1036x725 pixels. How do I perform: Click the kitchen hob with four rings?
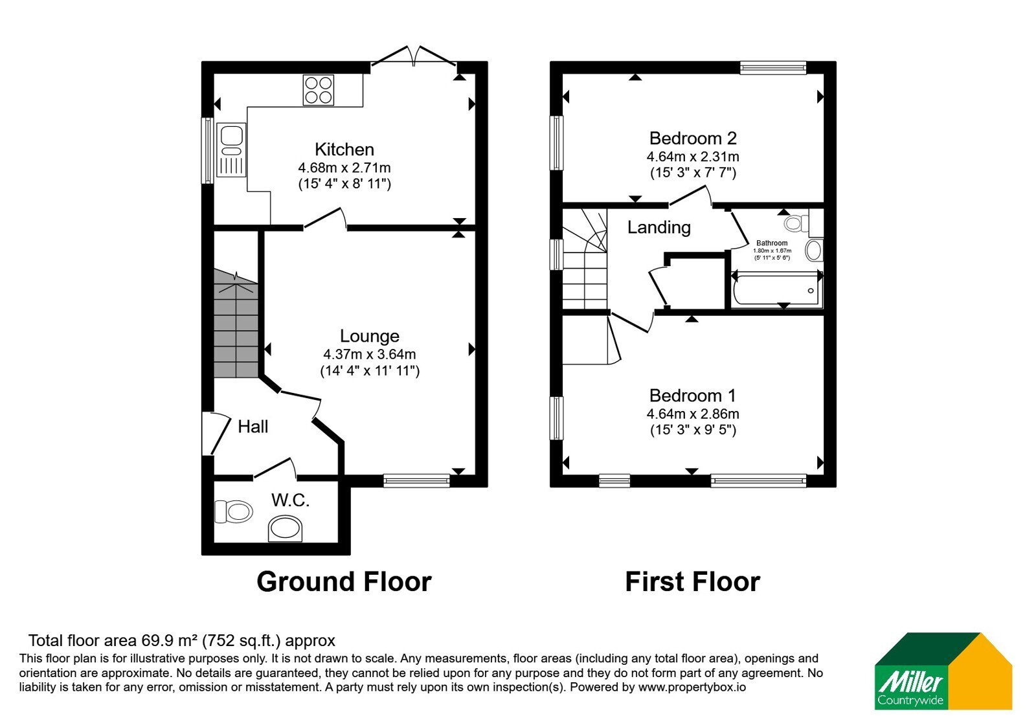coord(318,90)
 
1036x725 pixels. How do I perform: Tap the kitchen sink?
coord(231,150)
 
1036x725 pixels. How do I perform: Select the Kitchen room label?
coord(344,150)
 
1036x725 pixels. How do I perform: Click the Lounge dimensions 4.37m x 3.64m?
coord(370,354)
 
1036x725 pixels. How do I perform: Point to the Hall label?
coord(253,427)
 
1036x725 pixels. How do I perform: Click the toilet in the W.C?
coord(234,512)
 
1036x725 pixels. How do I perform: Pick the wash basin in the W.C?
coord(286,528)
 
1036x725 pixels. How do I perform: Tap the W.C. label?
coord(290,500)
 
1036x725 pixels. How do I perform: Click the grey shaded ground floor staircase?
coord(236,323)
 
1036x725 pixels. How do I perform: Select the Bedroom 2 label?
coord(693,139)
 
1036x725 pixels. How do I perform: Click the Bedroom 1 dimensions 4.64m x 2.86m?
coord(693,414)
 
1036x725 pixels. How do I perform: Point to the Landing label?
coord(659,227)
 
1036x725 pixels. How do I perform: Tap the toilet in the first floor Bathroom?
coord(796,223)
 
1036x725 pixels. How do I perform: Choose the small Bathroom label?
coord(772,243)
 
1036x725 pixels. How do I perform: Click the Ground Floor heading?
coord(344,582)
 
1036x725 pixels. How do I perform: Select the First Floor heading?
coord(693,582)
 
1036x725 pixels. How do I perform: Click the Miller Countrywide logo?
coord(943,671)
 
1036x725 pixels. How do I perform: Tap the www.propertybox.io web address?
coord(692,687)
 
